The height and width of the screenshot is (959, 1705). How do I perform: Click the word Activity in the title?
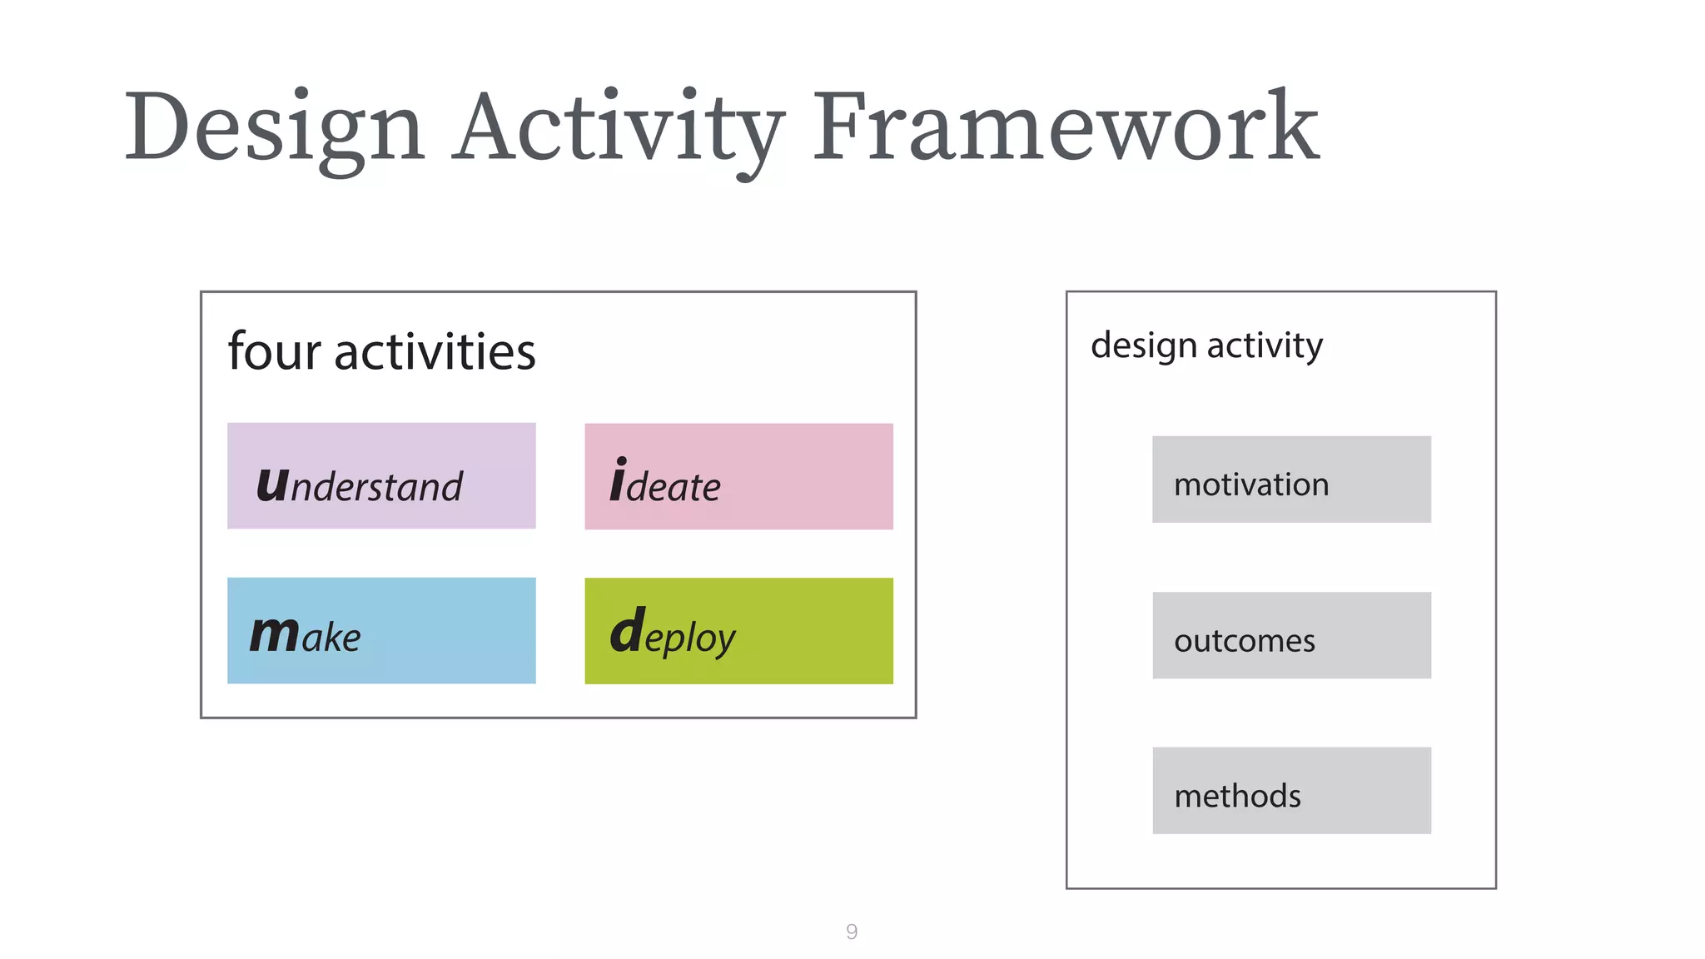[x=618, y=129]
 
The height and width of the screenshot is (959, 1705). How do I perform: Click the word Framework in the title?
[x=1066, y=127]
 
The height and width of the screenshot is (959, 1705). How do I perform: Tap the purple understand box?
[x=381, y=475]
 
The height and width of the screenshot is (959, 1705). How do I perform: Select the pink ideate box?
[x=738, y=476]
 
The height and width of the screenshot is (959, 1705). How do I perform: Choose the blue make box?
[x=381, y=630]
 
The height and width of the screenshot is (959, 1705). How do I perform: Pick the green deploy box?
[x=738, y=631]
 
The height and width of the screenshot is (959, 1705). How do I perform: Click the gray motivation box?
[x=1291, y=479]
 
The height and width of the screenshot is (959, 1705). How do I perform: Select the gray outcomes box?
[x=1291, y=635]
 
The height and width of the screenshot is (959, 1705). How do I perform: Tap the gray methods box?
[x=1291, y=791]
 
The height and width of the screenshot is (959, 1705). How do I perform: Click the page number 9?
[x=852, y=932]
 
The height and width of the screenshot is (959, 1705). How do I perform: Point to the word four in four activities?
[x=274, y=351]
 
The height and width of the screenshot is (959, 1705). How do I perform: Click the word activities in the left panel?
[x=435, y=351]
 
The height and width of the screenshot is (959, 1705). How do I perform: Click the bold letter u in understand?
[x=272, y=484]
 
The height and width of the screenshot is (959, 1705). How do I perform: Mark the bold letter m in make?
[x=274, y=634]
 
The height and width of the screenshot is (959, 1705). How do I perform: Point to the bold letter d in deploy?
[x=627, y=630]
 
